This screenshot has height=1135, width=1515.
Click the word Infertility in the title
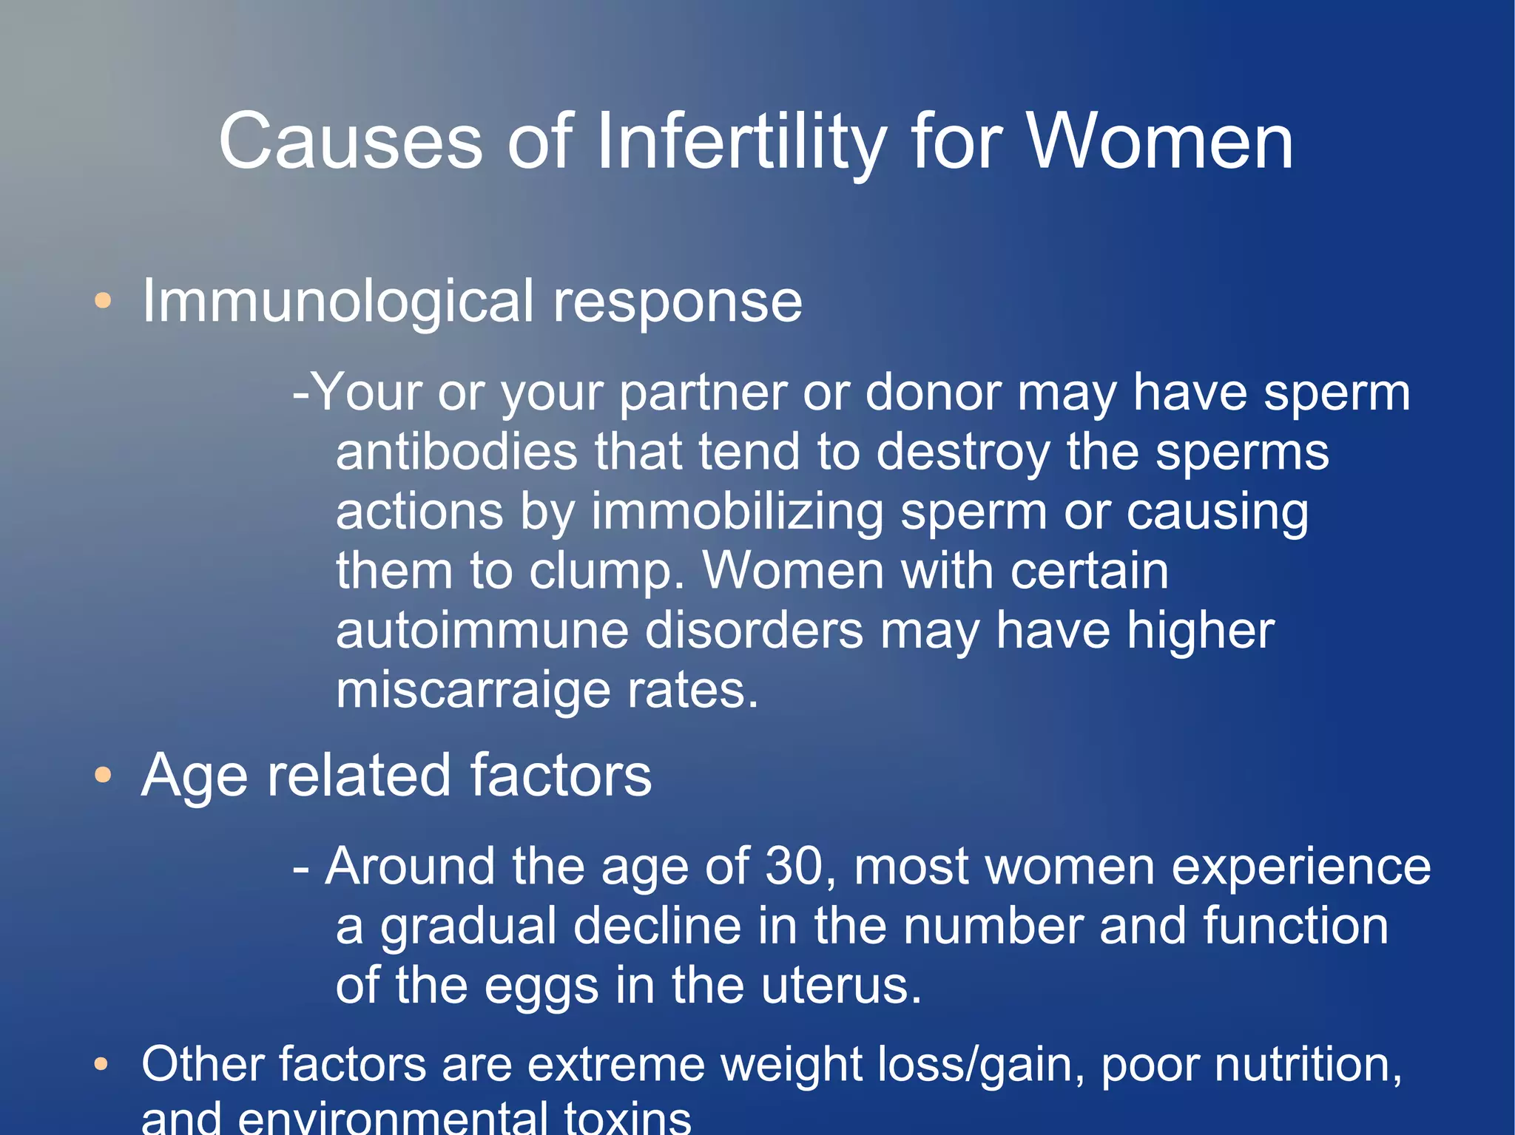point(741,142)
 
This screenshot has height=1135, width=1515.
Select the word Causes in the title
point(351,142)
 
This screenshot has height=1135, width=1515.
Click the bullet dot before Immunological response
point(103,301)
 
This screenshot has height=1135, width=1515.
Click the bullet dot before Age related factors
point(103,776)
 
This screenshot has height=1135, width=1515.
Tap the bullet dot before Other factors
point(102,1065)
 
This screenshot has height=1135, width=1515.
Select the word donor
point(933,393)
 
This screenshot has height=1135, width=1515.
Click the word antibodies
point(456,452)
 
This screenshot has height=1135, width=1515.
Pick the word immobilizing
point(737,512)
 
